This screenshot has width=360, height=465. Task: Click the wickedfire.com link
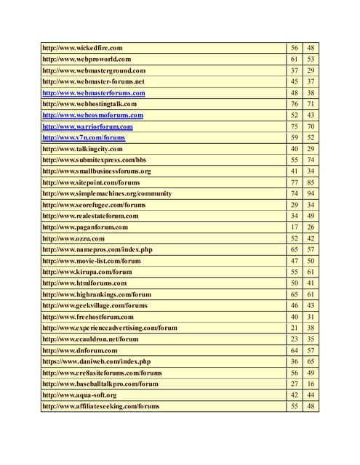pos(82,48)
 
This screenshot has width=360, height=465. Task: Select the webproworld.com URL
pos(87,59)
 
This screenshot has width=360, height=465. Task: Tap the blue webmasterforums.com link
pos(94,93)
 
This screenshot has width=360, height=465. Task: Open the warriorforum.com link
pos(87,126)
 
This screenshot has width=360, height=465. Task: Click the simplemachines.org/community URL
pos(107,194)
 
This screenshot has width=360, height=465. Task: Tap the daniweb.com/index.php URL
pos(97,361)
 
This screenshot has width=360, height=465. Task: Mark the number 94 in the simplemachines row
pos(311,194)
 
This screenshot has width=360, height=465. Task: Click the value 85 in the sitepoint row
pos(311,182)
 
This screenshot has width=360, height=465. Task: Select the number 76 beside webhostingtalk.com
pos(295,104)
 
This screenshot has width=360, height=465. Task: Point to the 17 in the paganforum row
pos(295,227)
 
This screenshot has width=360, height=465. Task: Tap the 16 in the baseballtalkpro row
pos(311,384)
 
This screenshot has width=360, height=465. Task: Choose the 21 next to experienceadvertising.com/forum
pos(295,328)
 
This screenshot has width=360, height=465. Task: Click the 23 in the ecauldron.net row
pos(295,339)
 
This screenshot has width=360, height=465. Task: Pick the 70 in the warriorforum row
pos(311,126)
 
